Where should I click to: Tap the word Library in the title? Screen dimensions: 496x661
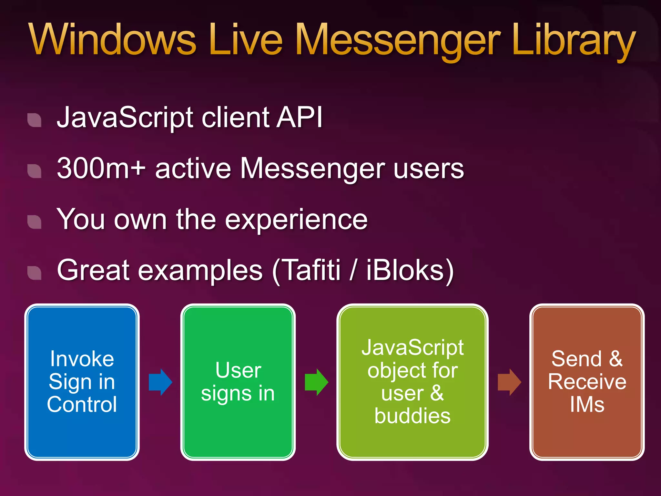[573, 40]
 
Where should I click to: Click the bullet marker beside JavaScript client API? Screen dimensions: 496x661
[35, 120]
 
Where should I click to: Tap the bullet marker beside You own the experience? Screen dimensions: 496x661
[35, 222]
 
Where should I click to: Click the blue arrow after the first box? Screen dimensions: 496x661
[160, 382]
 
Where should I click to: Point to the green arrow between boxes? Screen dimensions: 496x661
[317, 382]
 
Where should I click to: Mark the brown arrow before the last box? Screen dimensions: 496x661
[509, 382]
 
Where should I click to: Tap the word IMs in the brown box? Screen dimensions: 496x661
[587, 404]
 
